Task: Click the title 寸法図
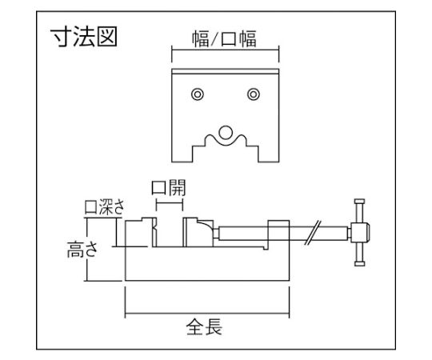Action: pos(84,37)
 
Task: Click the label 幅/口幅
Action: pos(224,39)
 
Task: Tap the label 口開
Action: pos(169,187)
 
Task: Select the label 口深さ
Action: pos(105,207)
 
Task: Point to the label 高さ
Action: pos(82,250)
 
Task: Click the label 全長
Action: pos(204,326)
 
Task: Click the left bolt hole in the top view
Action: pos(198,94)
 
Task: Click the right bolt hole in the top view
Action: pos(254,94)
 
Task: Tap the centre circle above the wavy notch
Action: pos(226,133)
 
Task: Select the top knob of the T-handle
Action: pos(359,202)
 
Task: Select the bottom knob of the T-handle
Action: pos(359,263)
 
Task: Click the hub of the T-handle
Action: pos(360,232)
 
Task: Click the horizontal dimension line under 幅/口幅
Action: pos(226,50)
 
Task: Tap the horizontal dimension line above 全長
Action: pos(207,314)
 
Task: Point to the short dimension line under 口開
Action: pos(170,203)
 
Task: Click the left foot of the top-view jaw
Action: pos(182,154)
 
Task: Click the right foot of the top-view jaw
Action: pos(269,154)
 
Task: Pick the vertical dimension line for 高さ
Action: pos(87,250)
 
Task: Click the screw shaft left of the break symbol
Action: pos(262,233)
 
